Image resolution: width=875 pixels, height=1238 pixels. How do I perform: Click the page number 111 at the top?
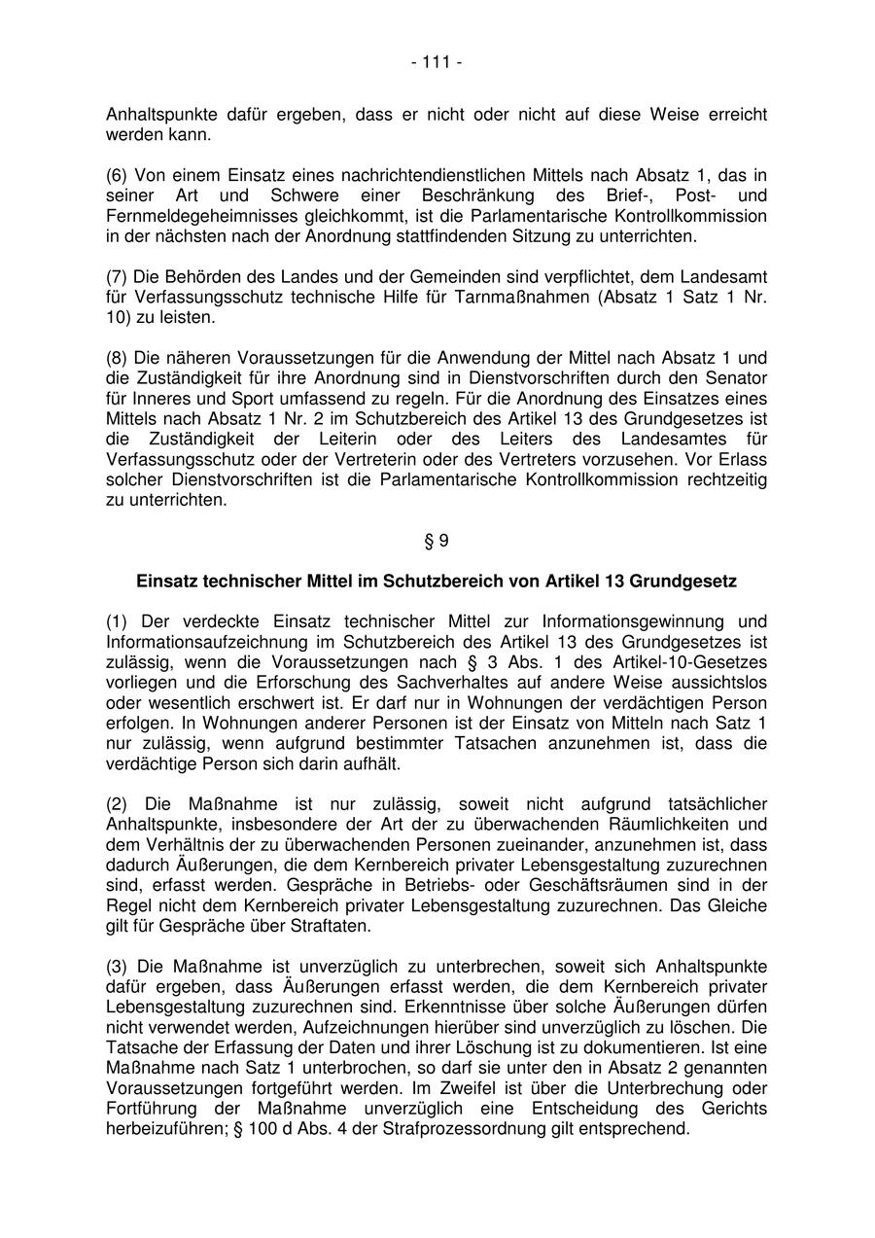coord(437,63)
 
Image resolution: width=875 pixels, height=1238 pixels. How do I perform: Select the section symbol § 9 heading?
coord(437,541)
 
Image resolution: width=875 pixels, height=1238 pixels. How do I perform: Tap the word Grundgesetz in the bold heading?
coord(683,582)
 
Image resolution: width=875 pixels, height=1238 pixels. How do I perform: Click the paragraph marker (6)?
coord(117,175)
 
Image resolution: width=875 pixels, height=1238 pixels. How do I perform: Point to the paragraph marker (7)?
coord(117,277)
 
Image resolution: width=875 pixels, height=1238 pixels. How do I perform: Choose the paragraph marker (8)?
coord(117,358)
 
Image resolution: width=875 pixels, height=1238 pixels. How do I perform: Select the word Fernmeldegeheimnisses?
coord(189,216)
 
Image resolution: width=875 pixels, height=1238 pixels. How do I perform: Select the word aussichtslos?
coord(720,683)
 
